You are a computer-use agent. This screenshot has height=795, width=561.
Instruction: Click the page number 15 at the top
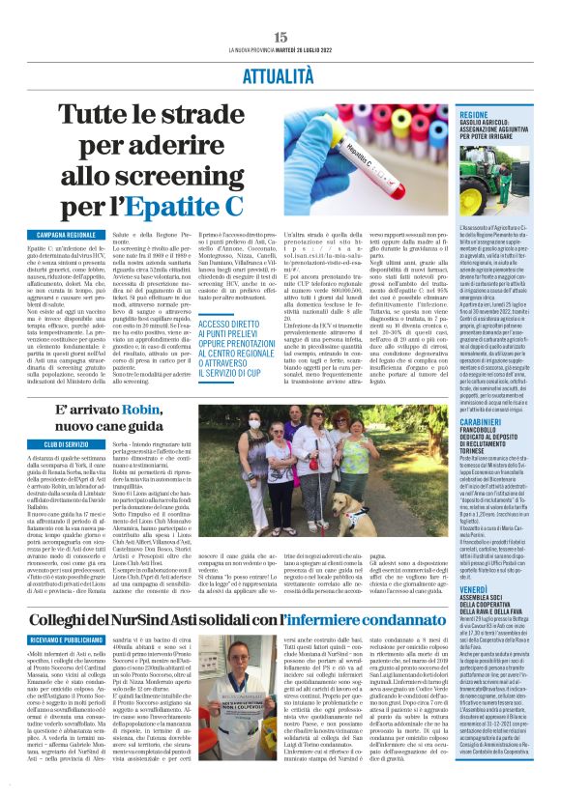(280, 36)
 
